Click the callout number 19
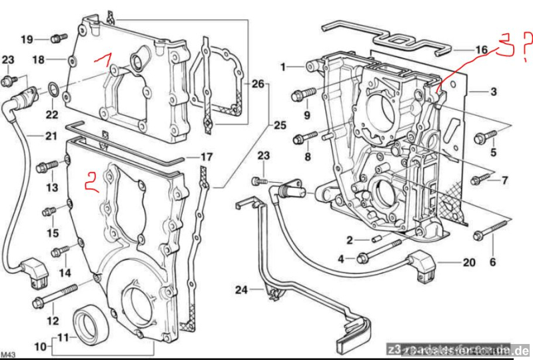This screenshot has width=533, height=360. (x=27, y=39)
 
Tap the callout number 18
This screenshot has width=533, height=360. (x=39, y=60)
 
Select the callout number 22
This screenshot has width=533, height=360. (x=52, y=115)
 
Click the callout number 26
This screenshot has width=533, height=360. (x=258, y=84)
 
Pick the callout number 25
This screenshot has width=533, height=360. (x=279, y=125)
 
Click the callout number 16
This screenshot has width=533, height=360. (x=482, y=49)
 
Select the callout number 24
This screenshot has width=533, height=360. (x=241, y=289)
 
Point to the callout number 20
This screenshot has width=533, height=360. (x=469, y=262)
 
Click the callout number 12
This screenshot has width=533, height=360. (x=52, y=321)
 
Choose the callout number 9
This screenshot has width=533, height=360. (x=307, y=115)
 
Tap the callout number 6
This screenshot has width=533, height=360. (x=493, y=263)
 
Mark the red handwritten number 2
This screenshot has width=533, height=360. (x=91, y=181)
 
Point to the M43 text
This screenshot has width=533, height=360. (x=9, y=353)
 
